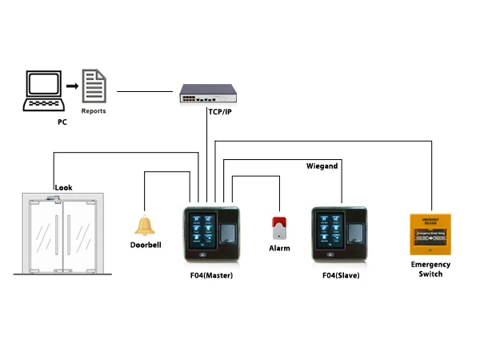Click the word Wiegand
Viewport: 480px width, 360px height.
322,166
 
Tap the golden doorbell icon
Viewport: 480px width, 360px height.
145,226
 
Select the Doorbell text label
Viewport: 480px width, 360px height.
146,245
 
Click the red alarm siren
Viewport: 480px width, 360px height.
278,228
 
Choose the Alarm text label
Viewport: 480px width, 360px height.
279,249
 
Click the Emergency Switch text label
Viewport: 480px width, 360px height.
430,269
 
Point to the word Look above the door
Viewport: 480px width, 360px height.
63,188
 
